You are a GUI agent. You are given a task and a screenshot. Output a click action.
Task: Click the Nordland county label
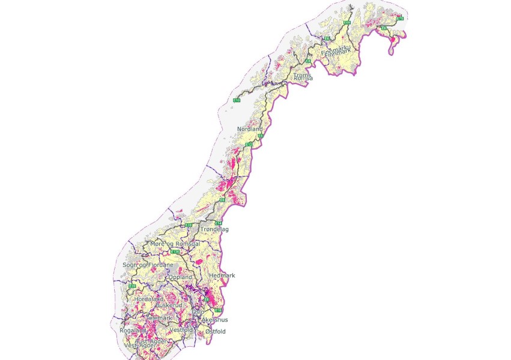[x=250, y=129]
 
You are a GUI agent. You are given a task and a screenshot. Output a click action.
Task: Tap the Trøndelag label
[x=214, y=229]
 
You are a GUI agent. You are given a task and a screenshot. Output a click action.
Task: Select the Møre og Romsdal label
[x=175, y=244]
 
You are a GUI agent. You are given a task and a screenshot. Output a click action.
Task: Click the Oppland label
[x=180, y=277]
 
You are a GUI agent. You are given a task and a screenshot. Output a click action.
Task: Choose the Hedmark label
[x=222, y=275]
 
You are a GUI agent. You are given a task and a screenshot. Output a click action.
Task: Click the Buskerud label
[x=174, y=305]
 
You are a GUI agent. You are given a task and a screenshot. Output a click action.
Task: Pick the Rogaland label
[x=133, y=330]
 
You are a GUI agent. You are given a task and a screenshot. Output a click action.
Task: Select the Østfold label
[x=215, y=331]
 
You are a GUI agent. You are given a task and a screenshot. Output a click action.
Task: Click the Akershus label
[x=214, y=320]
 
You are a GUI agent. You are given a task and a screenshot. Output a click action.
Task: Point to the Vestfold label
[x=181, y=330]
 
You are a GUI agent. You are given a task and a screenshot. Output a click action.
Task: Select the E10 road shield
[x=237, y=100]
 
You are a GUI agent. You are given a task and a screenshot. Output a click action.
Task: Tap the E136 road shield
[x=176, y=252]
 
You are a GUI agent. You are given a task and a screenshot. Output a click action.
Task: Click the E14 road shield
[x=219, y=223]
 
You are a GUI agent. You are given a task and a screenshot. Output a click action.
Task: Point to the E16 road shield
[x=219, y=310]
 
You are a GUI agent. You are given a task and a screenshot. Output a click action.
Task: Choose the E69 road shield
[x=347, y=22]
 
